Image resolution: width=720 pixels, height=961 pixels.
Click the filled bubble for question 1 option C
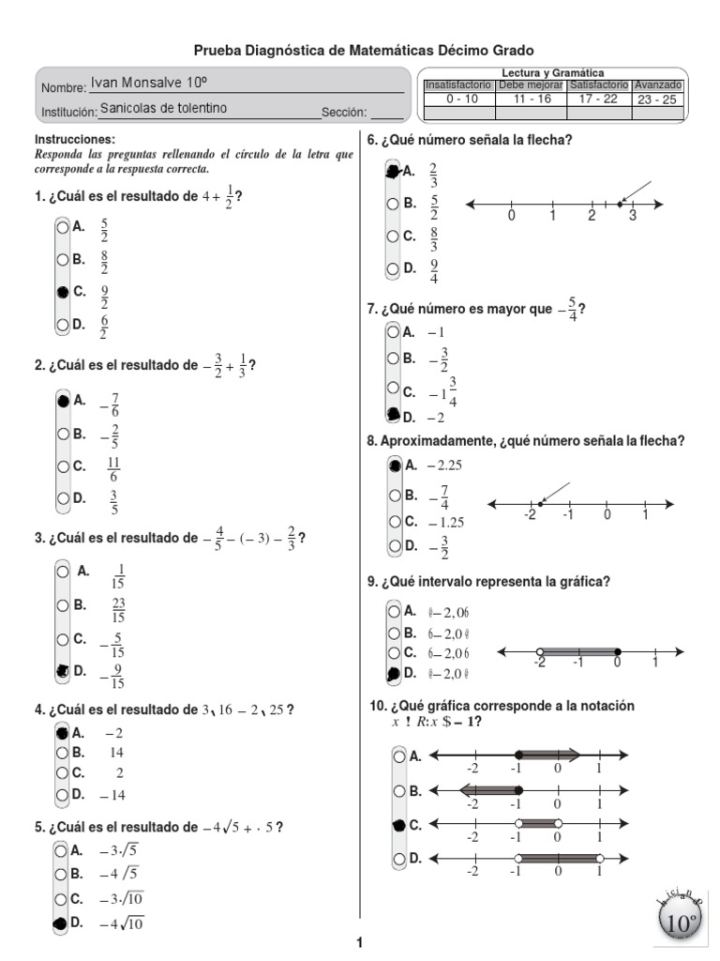[x=62, y=293]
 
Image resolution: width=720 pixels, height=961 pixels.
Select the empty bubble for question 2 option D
[x=62, y=498]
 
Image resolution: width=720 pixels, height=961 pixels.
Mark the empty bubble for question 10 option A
[x=400, y=755]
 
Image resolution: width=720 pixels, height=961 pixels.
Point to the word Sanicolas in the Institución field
[x=126, y=109]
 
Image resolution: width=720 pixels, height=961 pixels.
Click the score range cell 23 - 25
[x=657, y=99]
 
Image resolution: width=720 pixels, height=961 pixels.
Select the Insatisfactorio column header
[x=457, y=85]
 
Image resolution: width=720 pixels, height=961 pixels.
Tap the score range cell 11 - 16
[x=531, y=99]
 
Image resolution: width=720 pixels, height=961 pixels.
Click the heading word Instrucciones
[x=73, y=139]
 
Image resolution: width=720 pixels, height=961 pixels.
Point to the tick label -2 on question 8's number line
[x=530, y=515]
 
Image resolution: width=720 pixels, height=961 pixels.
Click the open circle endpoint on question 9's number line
[x=539, y=651]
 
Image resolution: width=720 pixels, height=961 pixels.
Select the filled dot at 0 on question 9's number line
[x=617, y=651]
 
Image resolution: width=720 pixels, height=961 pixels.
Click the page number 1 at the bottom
[x=360, y=943]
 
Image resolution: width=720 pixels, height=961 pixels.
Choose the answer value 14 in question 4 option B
[x=117, y=753]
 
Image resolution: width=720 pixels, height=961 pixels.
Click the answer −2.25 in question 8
[x=445, y=465]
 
